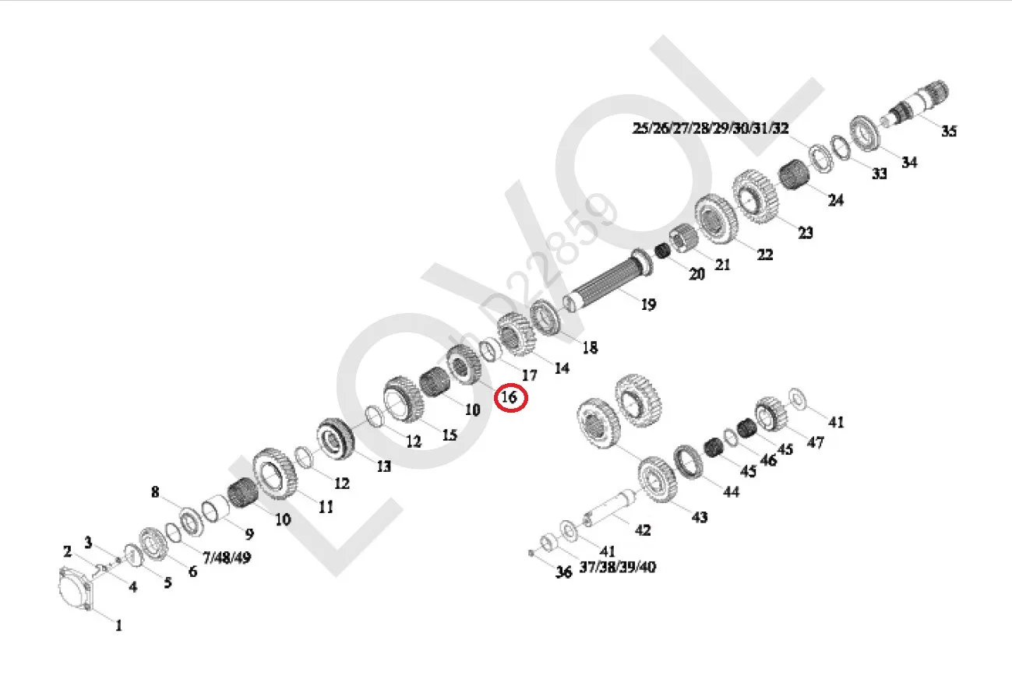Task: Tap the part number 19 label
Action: click(648, 304)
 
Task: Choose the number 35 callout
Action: click(948, 131)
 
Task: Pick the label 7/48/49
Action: click(226, 558)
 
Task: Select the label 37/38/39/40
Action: click(617, 567)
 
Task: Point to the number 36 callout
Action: click(563, 572)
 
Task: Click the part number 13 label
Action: click(383, 466)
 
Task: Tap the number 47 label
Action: click(815, 442)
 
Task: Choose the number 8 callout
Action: click(155, 492)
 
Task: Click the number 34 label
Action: click(909, 162)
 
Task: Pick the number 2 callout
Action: click(68, 552)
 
